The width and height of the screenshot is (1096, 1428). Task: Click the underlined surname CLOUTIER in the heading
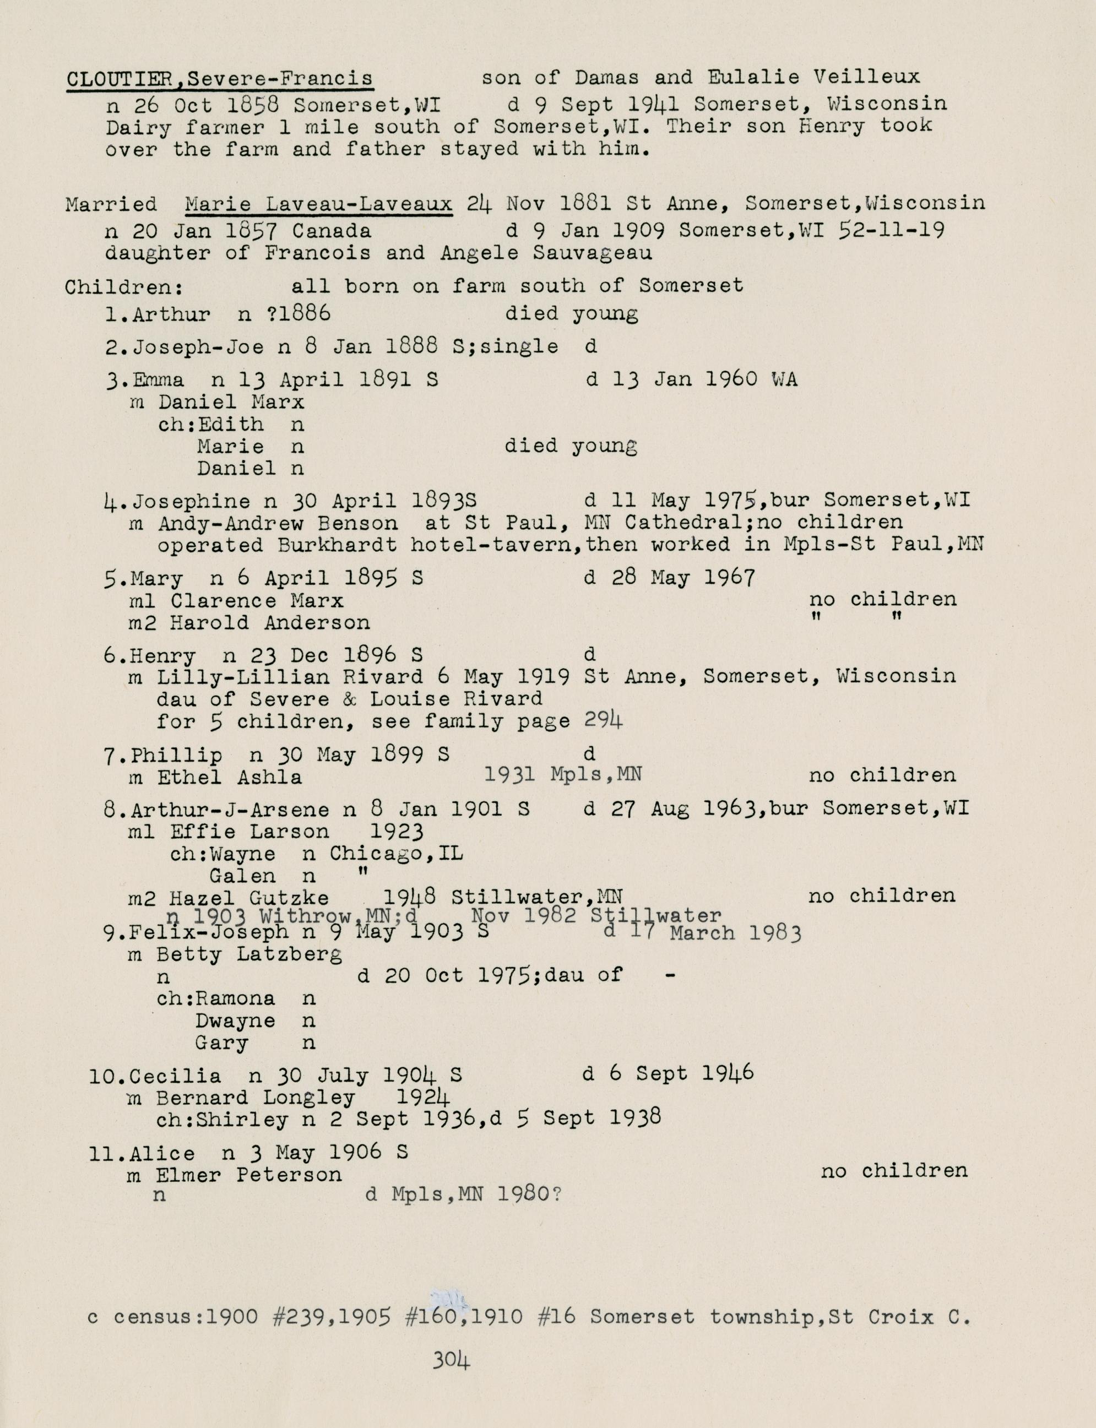120,79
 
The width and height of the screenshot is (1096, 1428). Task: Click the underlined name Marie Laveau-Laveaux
318,205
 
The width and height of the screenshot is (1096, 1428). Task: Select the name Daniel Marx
231,402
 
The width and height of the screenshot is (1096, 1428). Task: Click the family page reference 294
603,720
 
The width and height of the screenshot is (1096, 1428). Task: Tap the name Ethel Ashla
229,777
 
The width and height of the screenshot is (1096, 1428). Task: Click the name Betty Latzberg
248,955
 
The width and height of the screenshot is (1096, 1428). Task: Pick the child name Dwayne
235,1020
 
